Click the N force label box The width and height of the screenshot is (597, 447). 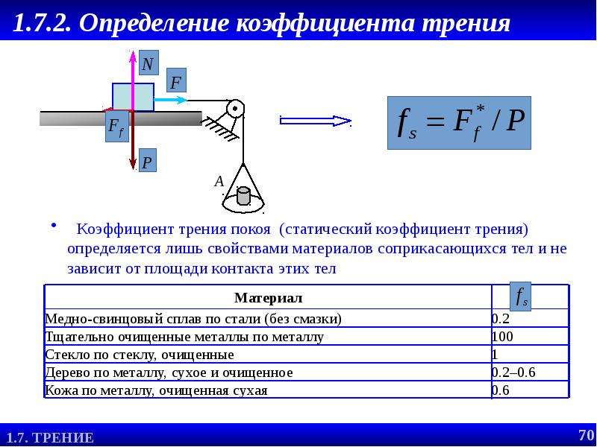149,63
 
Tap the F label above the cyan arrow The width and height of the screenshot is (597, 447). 176,80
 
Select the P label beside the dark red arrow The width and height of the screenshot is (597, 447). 147,160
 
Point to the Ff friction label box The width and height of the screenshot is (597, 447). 117,127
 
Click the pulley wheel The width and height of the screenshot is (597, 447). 235,109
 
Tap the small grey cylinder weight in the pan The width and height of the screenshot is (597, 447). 243,196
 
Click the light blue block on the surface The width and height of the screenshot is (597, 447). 134,98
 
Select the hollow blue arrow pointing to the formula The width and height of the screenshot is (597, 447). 315,121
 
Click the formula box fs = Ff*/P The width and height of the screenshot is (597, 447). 459,123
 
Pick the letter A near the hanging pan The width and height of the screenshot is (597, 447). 219,182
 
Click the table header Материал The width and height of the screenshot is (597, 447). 269,297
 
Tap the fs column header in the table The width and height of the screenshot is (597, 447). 520,296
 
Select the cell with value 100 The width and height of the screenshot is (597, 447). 502,337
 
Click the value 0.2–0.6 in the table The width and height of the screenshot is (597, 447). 513,372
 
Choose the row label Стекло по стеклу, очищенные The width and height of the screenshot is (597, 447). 140,355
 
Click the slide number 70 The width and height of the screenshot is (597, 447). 587,435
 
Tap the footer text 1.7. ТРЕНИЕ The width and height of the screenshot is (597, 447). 50,438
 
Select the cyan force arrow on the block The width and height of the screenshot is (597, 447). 171,101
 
